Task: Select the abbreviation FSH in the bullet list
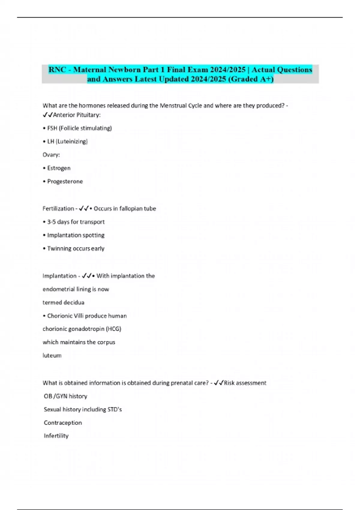pos(52,128)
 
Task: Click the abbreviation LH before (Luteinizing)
pos(50,142)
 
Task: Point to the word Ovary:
pos(51,155)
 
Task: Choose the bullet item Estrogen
pos(59,168)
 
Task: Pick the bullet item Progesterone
pos(65,181)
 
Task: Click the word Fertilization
pos(58,208)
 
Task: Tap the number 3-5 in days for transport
pos(51,222)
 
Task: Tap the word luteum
pos(52,355)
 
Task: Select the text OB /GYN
pos(55,396)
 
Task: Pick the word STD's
pos(114,409)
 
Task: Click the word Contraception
pos(63,423)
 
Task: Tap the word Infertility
pos(56,436)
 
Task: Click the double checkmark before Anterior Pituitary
pos(48,115)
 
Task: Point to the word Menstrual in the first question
pos(173,106)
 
